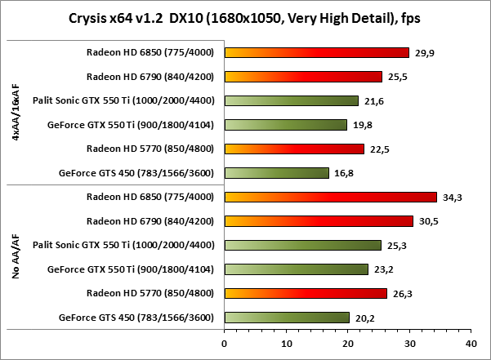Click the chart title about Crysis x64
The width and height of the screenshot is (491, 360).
[245, 17]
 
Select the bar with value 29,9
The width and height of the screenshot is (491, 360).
[316, 53]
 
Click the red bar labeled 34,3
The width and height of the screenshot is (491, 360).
[330, 197]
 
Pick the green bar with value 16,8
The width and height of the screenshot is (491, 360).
[276, 173]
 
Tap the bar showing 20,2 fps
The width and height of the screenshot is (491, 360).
[287, 318]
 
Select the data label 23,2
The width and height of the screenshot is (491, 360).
[380, 269]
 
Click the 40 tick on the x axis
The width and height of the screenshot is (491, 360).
[471, 344]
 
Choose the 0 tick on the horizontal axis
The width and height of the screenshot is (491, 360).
[224, 344]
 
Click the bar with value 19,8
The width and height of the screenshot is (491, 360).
[285, 125]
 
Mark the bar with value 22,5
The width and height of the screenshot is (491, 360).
[293, 149]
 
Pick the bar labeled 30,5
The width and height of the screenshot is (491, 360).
[318, 221]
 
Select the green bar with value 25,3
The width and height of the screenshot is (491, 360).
[302, 245]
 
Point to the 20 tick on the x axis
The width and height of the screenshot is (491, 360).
[347, 344]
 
